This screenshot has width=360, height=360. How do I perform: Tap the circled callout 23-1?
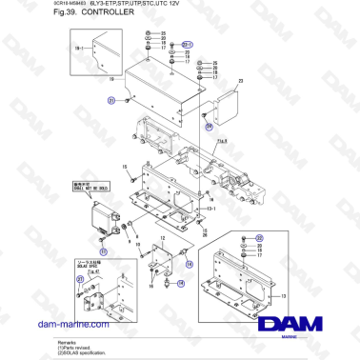pos(187,45)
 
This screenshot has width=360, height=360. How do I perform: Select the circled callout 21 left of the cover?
pos(110,99)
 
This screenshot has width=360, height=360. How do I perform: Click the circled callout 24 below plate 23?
pos(209,126)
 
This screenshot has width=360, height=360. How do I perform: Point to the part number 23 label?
pos(241,82)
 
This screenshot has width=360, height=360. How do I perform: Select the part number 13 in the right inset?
pos(283,296)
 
